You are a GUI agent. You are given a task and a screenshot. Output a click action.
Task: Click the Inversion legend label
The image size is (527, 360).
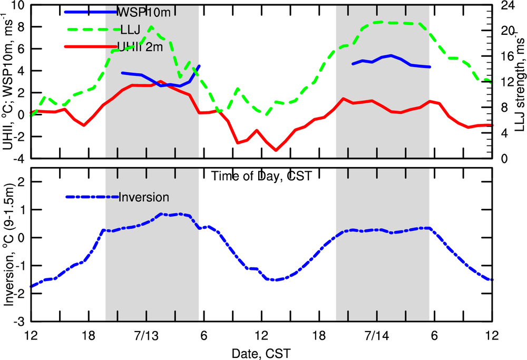(x=144, y=197)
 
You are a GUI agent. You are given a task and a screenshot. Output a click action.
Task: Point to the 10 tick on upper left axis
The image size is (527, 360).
(x=18, y=5)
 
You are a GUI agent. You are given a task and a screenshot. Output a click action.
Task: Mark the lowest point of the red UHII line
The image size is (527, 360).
(x=276, y=150)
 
